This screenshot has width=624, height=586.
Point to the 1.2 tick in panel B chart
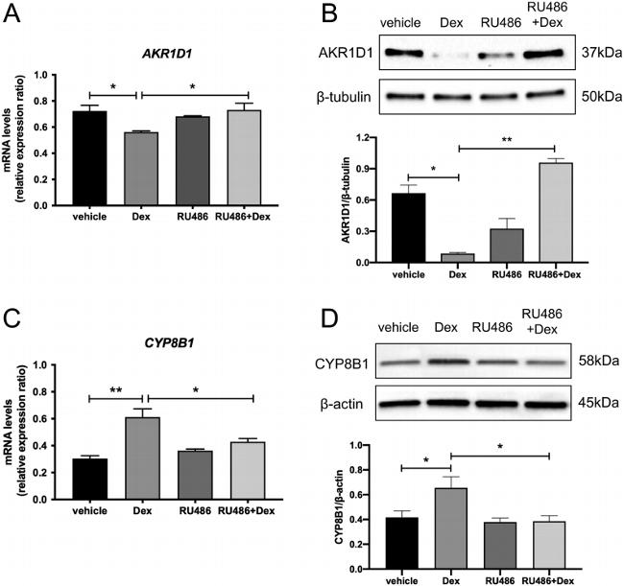click(x=360, y=137)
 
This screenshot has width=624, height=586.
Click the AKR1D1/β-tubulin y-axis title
click(x=343, y=199)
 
